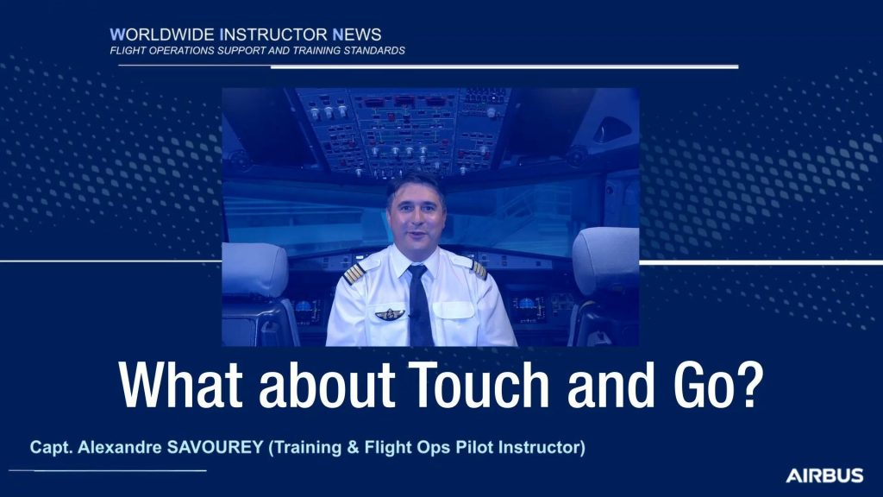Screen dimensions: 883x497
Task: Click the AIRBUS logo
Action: (824, 475)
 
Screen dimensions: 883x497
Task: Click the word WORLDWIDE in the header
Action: (162, 35)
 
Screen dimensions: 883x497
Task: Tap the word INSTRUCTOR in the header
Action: (273, 35)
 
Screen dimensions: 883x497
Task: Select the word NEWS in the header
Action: (357, 35)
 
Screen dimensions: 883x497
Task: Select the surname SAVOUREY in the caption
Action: (216, 448)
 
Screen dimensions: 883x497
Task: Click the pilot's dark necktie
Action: (420, 305)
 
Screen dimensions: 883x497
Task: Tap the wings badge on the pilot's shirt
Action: (390, 314)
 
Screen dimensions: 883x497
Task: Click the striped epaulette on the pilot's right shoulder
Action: (354, 273)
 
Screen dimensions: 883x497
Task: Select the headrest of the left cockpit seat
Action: (255, 270)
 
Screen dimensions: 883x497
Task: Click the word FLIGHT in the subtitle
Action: (126, 51)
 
